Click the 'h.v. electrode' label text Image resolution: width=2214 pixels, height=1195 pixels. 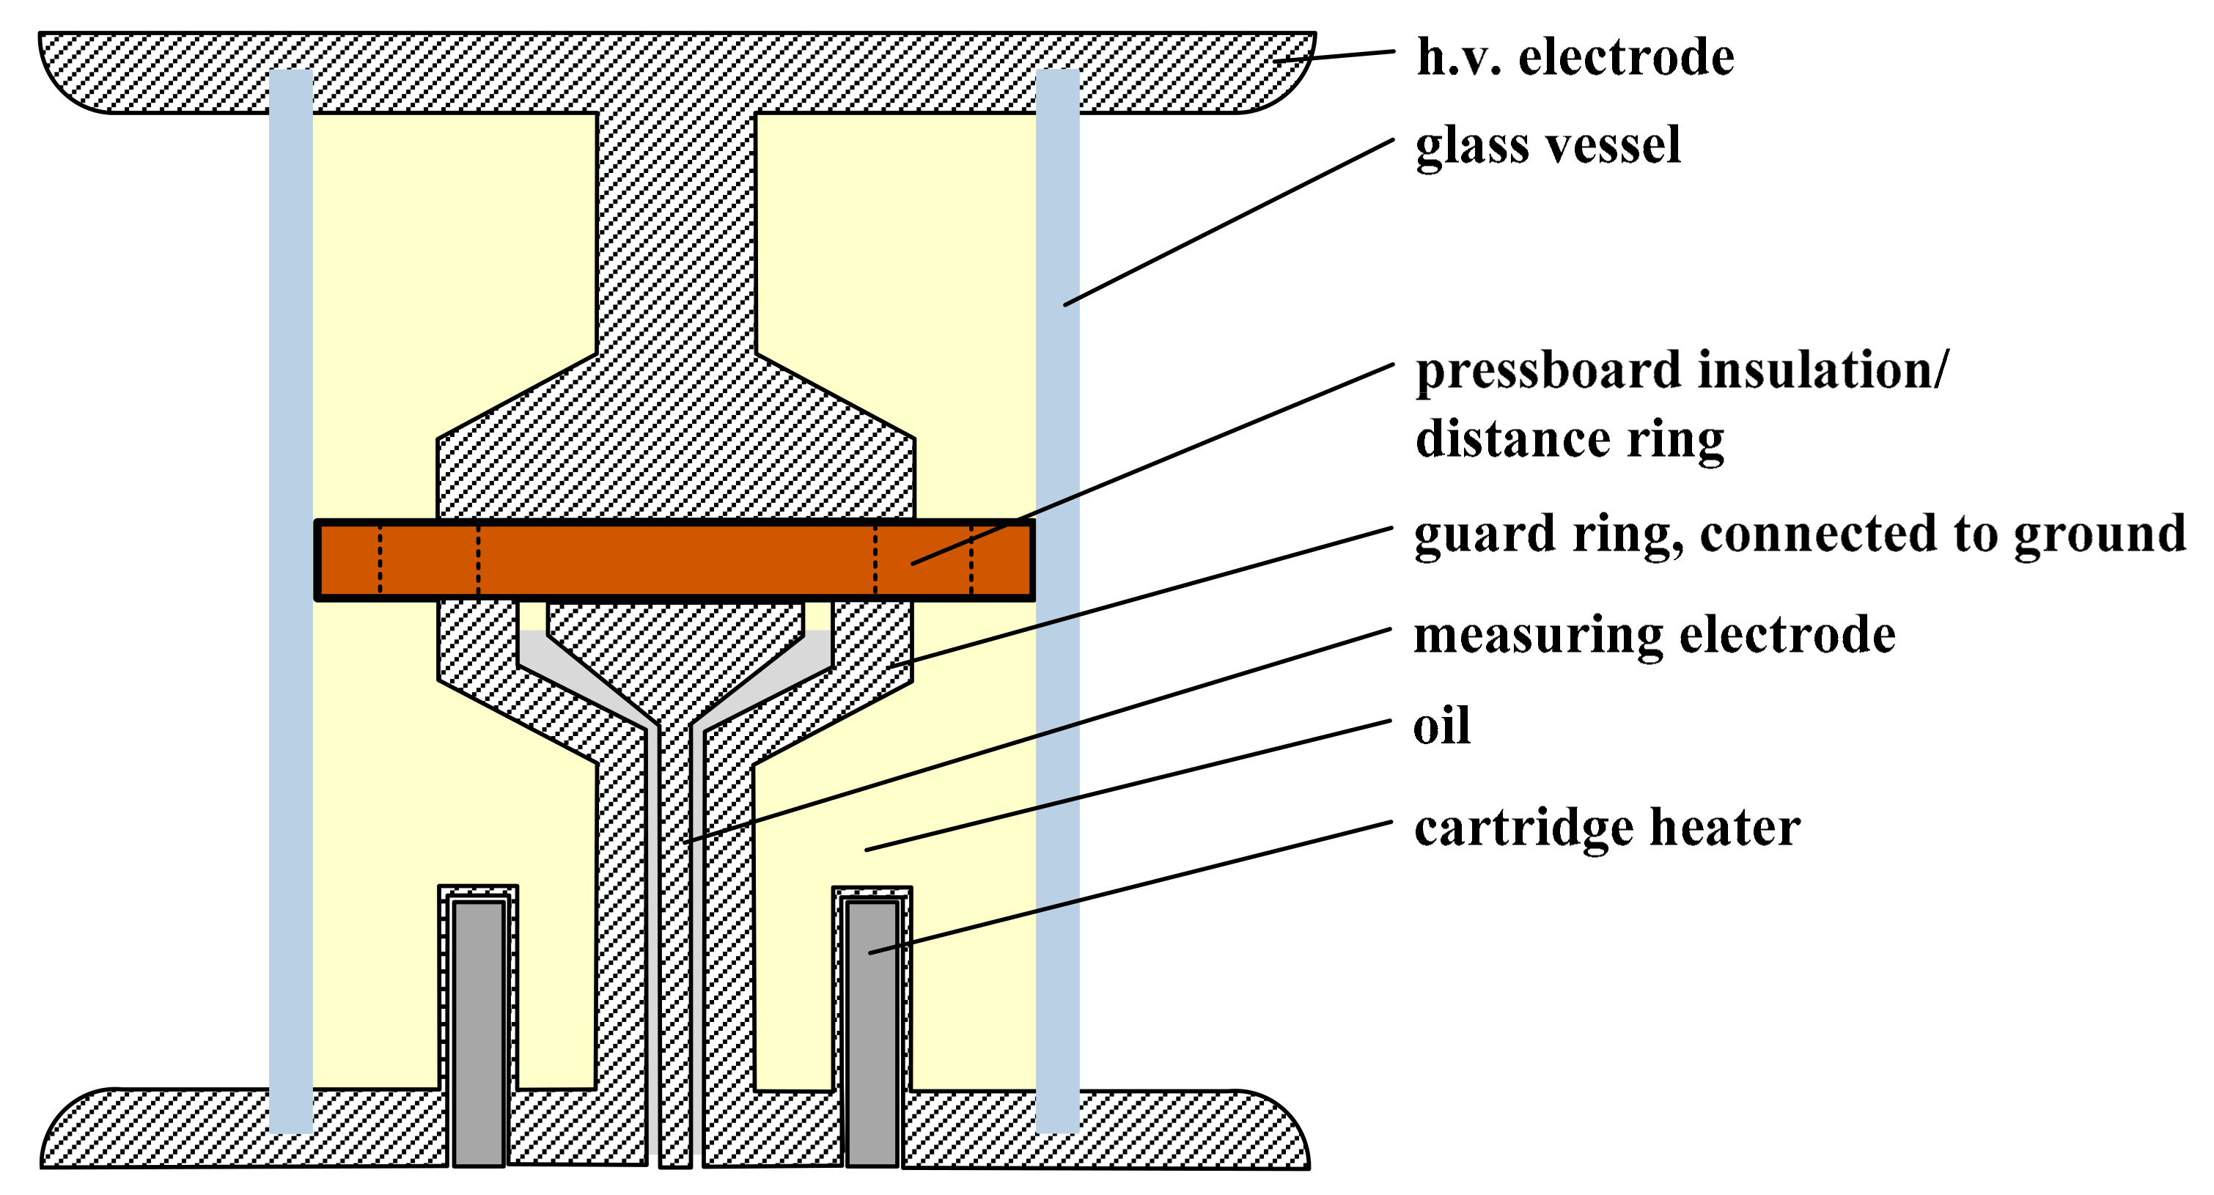1575,58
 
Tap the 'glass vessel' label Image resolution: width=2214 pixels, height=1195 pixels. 1547,144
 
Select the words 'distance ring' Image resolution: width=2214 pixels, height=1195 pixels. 1570,439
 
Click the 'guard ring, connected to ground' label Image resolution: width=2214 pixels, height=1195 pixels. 1800,534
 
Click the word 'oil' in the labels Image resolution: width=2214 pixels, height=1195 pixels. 1441,727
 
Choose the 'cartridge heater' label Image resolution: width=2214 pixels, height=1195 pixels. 1607,828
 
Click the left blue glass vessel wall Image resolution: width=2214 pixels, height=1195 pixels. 290,602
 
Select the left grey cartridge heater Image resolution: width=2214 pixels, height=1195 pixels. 479,1032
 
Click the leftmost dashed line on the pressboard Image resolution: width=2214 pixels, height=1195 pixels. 380,559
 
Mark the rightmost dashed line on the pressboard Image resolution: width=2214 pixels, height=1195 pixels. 971,559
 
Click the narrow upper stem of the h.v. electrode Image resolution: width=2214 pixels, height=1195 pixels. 677,232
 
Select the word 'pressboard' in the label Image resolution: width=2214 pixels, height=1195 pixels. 1547,372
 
